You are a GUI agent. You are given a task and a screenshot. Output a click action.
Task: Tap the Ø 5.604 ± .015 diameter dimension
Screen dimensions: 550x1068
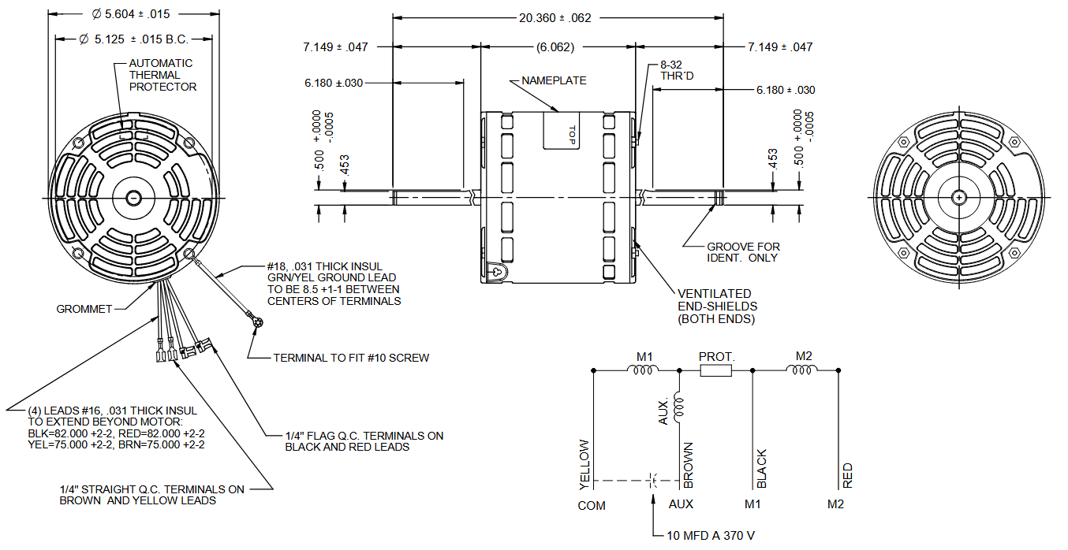[x=131, y=13]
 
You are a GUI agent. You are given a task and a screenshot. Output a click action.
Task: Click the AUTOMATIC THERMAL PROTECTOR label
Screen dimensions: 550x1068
[x=162, y=75]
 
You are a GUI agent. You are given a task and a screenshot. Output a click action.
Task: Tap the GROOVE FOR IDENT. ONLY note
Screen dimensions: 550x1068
[x=743, y=252]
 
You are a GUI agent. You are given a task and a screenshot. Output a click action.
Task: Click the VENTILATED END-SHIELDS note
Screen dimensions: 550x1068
[x=717, y=306]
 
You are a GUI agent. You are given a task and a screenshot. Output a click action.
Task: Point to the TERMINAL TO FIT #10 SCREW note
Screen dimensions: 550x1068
[x=351, y=358]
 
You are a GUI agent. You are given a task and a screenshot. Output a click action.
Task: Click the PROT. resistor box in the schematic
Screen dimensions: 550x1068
[x=716, y=370]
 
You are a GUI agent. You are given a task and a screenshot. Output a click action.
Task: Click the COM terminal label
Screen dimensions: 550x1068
[x=591, y=505]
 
